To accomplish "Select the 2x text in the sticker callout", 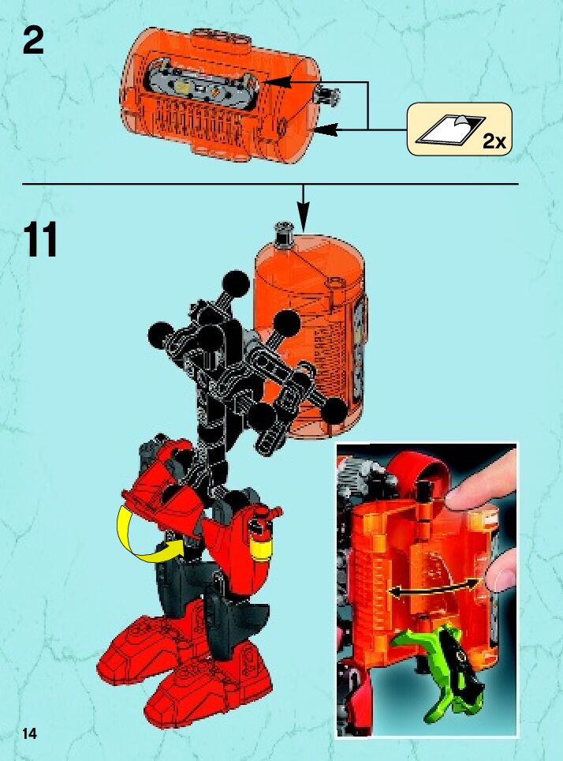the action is coord(494,141).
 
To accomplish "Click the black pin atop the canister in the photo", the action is coord(425,489).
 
